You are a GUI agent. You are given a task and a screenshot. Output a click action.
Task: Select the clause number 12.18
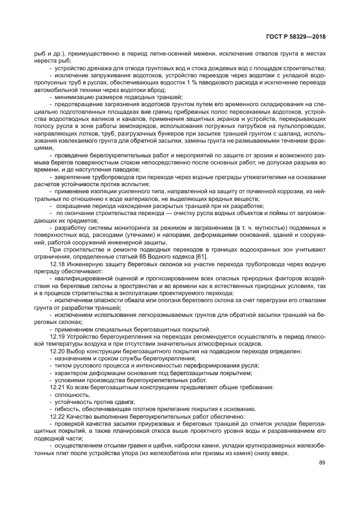pos(57,262)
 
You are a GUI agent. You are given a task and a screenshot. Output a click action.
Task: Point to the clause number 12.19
pos(57,336)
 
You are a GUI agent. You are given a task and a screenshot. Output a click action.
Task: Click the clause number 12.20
pos(57,351)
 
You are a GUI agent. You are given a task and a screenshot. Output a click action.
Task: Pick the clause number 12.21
pos(57,387)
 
